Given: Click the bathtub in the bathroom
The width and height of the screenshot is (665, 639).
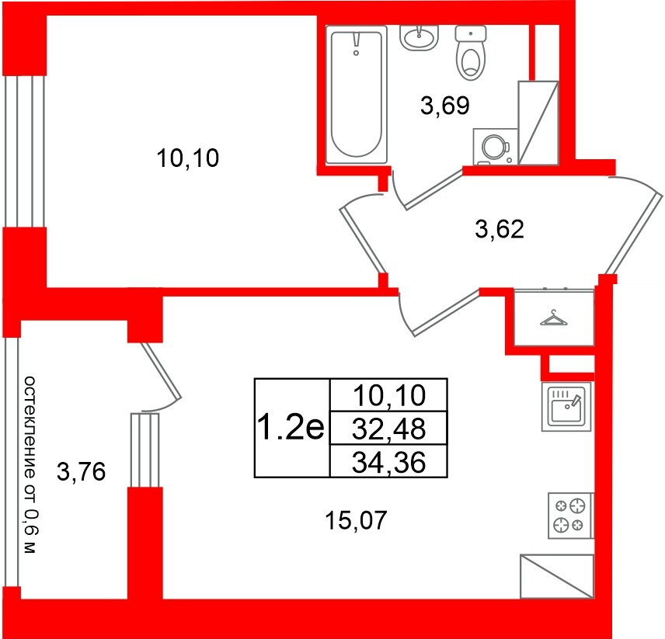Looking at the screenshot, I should [357, 94].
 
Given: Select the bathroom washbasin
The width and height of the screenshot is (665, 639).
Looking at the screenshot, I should [420, 37].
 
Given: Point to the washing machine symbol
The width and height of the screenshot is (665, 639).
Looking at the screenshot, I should [494, 146].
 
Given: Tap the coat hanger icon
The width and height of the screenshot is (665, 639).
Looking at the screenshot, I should [552, 318].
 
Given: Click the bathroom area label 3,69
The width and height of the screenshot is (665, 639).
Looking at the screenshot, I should [444, 105].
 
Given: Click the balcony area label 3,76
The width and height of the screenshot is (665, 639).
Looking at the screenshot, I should [82, 471].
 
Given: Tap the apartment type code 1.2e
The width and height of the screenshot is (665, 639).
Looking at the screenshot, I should [290, 428].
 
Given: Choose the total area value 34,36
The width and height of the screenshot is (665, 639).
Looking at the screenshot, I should [389, 463].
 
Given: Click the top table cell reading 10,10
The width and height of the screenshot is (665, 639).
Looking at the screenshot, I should [389, 396].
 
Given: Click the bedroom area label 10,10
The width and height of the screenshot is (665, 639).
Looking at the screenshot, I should [189, 160].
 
